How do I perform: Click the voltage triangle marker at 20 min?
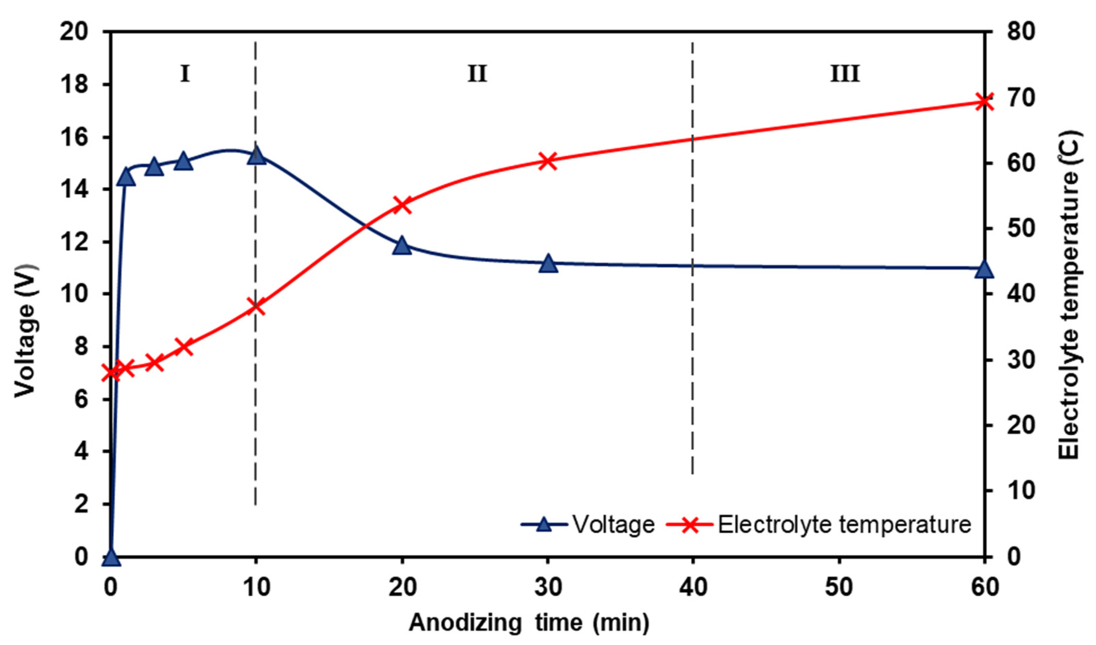402,246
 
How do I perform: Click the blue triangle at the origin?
111,557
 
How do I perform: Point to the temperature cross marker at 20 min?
402,205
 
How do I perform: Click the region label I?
185,74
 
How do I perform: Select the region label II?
477,74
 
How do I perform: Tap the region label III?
845,74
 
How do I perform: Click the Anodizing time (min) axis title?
529,622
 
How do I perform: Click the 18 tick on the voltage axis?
74,84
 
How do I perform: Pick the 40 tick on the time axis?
693,587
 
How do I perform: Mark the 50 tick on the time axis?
839,587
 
